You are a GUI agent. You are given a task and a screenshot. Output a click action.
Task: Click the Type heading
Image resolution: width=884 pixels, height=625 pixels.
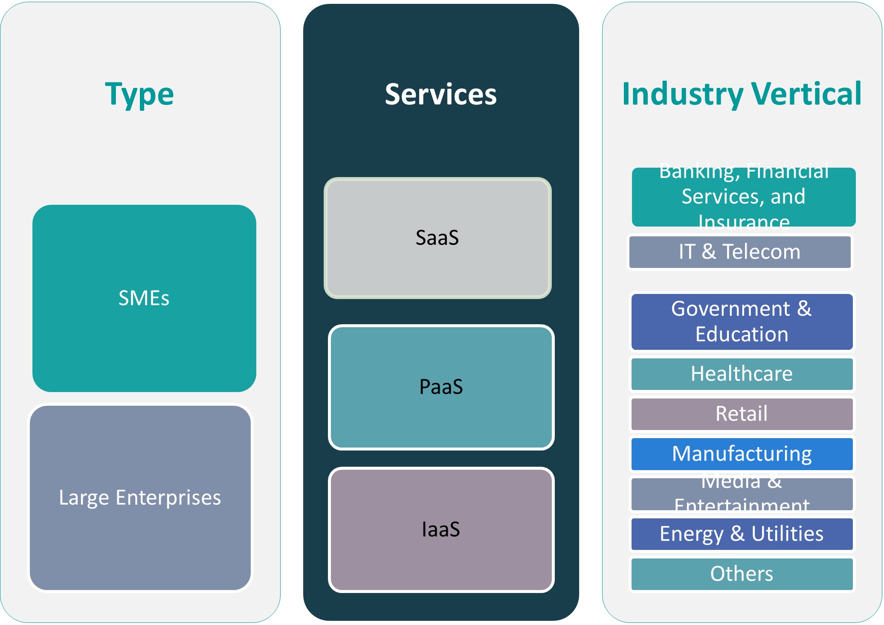coord(139,94)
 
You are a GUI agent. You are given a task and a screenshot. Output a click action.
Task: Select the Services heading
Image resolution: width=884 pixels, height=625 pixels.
coord(441,94)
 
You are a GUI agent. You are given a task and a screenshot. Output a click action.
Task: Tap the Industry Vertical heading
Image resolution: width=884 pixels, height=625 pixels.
coord(742,94)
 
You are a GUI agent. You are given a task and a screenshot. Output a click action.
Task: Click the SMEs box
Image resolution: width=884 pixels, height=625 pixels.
coord(144,298)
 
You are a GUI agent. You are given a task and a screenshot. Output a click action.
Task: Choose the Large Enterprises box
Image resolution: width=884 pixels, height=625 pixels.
coord(140,497)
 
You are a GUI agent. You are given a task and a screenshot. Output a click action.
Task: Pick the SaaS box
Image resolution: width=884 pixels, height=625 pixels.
coord(438,238)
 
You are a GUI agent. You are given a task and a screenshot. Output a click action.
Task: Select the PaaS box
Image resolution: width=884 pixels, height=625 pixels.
coord(441,387)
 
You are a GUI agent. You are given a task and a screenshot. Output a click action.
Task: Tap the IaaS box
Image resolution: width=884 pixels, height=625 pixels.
coord(441,529)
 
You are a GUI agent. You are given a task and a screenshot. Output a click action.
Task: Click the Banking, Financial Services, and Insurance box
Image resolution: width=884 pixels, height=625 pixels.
coord(744,197)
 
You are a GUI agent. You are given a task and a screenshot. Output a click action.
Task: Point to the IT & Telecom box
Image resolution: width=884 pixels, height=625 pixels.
coord(740,252)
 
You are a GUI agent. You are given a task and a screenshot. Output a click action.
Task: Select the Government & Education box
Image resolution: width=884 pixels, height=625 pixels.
coord(742,321)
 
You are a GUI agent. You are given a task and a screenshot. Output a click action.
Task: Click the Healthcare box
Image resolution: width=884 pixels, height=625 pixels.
coord(742,374)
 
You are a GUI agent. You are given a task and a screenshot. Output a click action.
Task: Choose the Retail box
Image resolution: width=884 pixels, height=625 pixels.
coord(742,413)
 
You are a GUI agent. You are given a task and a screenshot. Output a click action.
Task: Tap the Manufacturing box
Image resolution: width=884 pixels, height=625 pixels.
coord(742,453)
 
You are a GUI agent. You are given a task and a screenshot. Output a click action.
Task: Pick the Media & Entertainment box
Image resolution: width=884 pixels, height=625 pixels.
coord(742,494)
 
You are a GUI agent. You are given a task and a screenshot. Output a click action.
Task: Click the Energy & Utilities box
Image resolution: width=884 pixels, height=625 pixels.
coord(742,534)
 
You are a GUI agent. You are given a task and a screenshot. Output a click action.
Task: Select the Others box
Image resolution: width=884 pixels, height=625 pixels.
coord(742,574)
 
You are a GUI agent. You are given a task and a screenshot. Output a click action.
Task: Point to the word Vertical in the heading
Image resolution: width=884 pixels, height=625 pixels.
coord(806,94)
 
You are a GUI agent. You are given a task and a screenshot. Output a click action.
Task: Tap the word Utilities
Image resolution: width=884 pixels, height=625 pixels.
coord(787,534)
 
